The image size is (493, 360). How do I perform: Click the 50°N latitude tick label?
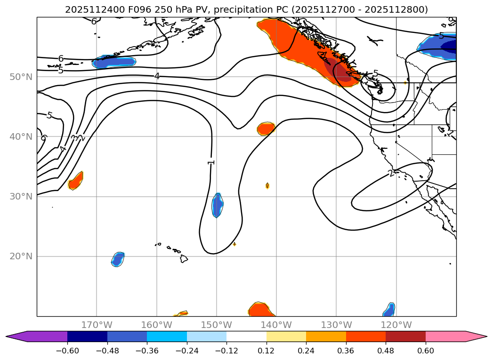21,77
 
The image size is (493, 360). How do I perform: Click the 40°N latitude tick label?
21,137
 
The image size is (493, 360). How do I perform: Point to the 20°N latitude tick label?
21,256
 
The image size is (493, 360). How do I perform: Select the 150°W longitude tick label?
217,325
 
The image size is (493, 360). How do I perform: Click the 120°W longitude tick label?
396,325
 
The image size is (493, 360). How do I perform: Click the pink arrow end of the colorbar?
476,336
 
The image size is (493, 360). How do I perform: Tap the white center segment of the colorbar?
246,336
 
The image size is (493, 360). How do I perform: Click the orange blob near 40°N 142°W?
266,128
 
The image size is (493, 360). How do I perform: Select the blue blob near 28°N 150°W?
217,205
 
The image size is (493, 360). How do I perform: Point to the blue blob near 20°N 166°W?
118,259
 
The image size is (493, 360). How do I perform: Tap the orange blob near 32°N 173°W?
76,181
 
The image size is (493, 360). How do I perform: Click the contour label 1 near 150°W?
211,162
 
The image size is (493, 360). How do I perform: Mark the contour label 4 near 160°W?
157,76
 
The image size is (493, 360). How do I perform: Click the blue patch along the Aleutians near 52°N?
114,62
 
